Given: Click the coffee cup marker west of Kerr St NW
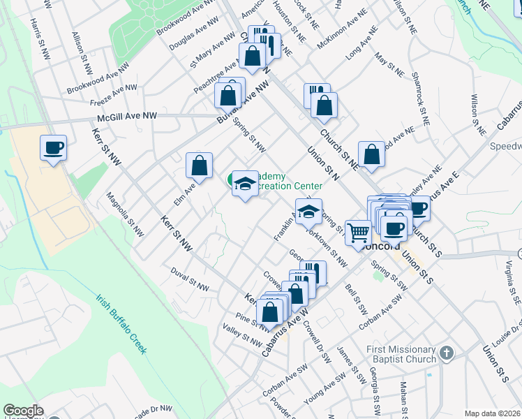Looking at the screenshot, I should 53,148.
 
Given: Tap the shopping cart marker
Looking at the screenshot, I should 358,233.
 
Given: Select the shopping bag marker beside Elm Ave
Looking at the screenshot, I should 200,166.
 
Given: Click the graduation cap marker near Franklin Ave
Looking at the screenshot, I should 308,212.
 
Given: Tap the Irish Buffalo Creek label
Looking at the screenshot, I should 122,323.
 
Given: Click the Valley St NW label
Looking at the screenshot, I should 241,334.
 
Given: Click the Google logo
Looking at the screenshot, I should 23,411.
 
